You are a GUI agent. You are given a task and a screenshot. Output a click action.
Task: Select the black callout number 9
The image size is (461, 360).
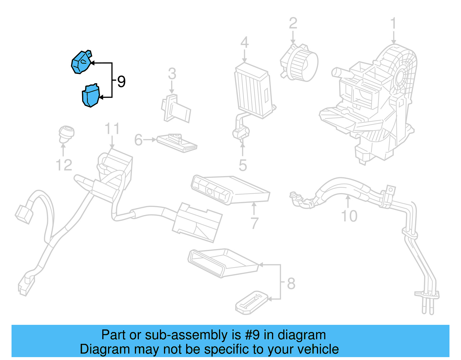pos(121,82)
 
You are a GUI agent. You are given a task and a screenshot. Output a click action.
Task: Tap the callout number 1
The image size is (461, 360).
pos(393,24)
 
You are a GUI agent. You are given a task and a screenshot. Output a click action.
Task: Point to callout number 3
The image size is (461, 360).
pos(172,74)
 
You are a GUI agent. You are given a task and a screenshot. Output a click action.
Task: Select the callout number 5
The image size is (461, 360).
pos(243,165)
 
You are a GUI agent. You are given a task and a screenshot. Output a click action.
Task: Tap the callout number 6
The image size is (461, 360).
pos(138,140)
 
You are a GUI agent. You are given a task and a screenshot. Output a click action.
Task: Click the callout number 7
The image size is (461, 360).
pos(254,223)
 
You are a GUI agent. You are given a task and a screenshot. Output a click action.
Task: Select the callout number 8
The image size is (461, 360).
pos(291,283)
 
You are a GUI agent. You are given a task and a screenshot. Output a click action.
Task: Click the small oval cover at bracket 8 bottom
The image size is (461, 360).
pos(251,302)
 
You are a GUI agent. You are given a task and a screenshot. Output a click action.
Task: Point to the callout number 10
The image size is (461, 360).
pos(349,216)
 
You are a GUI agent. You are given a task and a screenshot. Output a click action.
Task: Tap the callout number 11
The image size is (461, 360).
pos(112,129)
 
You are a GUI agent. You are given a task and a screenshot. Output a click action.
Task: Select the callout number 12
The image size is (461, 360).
pos(64,165)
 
